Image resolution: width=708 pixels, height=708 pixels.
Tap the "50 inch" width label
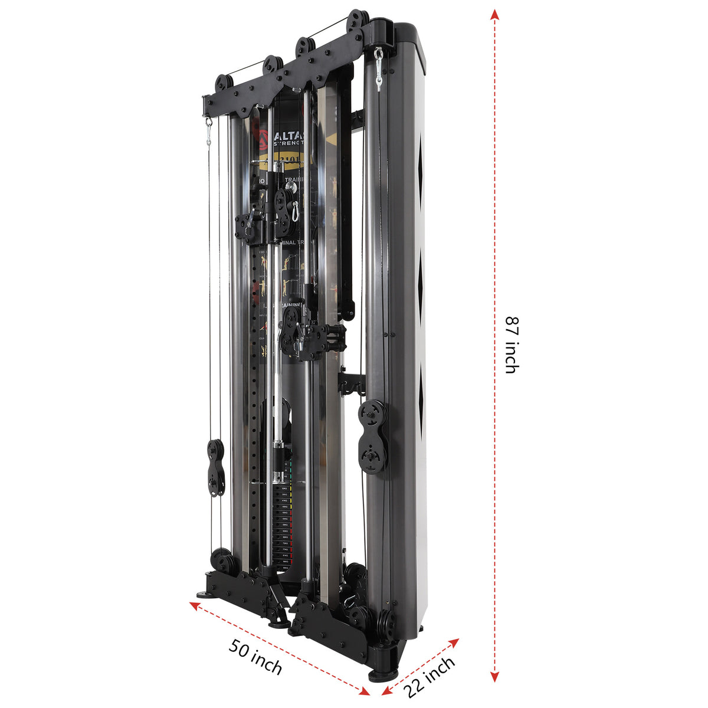(255, 657)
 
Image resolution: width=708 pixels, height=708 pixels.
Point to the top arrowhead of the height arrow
(495, 15)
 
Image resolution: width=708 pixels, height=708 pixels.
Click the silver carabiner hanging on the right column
(378, 68)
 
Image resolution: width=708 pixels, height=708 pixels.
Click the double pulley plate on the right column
(372, 437)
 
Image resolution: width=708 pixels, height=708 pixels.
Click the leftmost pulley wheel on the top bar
(224, 83)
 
